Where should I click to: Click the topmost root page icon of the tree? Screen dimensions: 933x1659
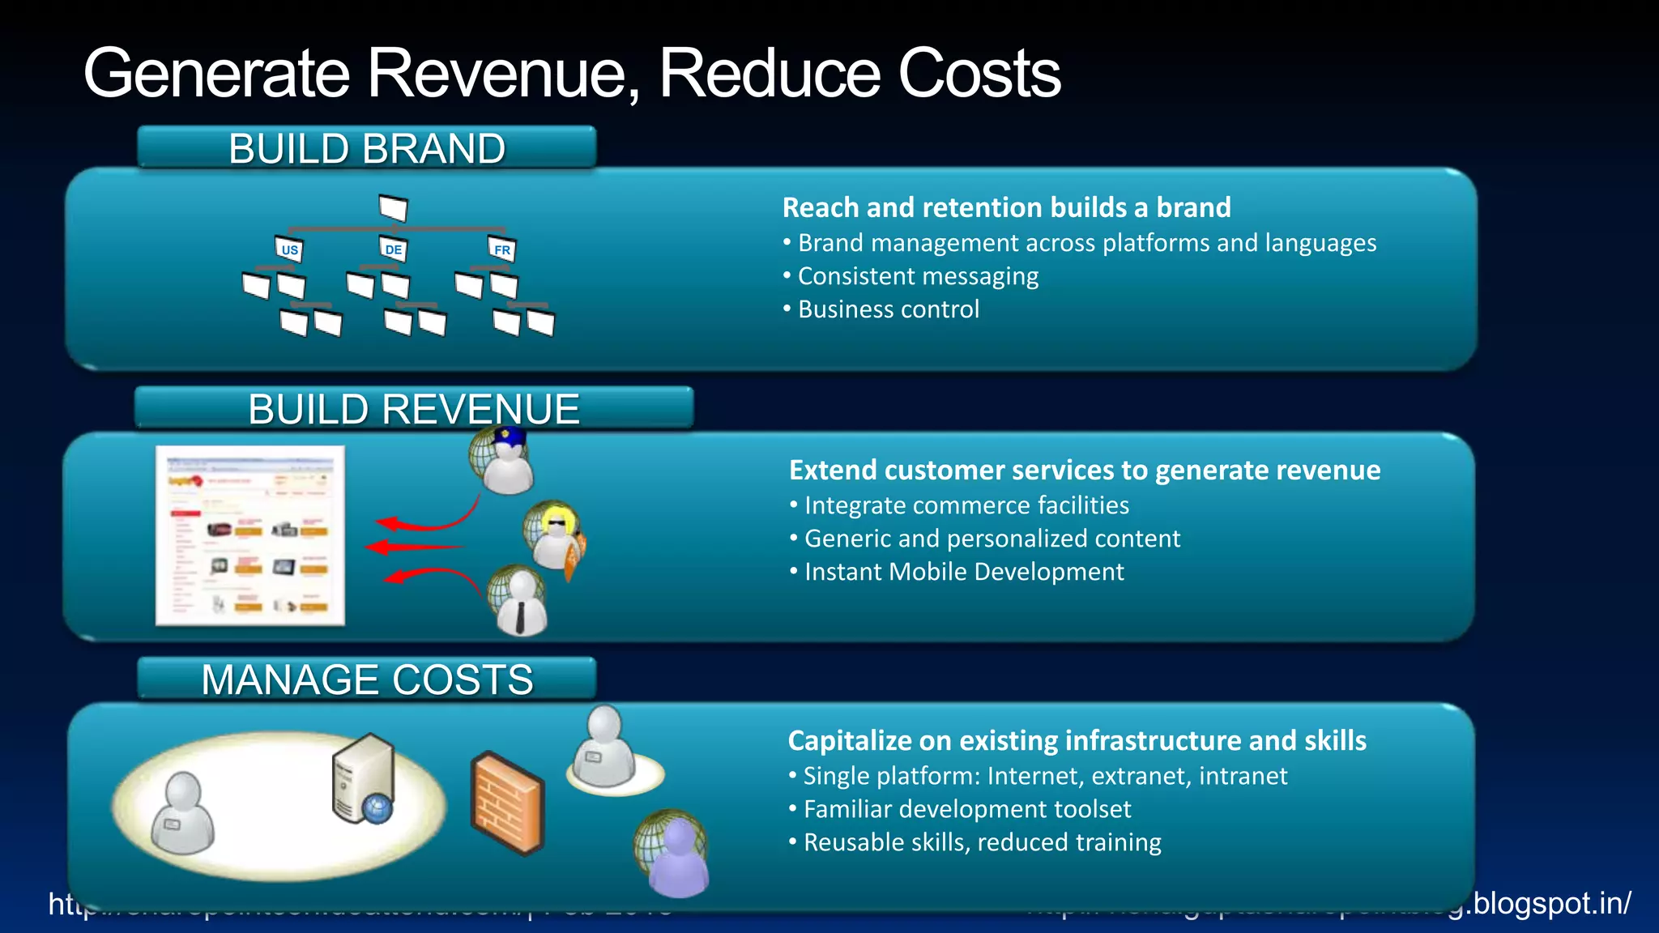393,208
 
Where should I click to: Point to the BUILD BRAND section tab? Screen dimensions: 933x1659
367,148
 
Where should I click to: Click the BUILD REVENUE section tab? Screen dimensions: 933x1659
414,408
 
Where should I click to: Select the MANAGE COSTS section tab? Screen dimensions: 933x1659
367,679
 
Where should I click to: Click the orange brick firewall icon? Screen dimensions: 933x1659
507,803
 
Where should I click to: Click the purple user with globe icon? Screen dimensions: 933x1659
672,854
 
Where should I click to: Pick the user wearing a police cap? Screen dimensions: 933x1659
503,460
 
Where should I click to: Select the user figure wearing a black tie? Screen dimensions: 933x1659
518,601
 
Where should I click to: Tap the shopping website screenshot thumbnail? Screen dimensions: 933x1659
250,535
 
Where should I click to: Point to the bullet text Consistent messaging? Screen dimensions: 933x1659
918,276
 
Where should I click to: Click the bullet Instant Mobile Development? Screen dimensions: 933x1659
963,572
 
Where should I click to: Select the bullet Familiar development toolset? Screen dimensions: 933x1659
966,809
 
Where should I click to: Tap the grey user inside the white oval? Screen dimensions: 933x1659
183,813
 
